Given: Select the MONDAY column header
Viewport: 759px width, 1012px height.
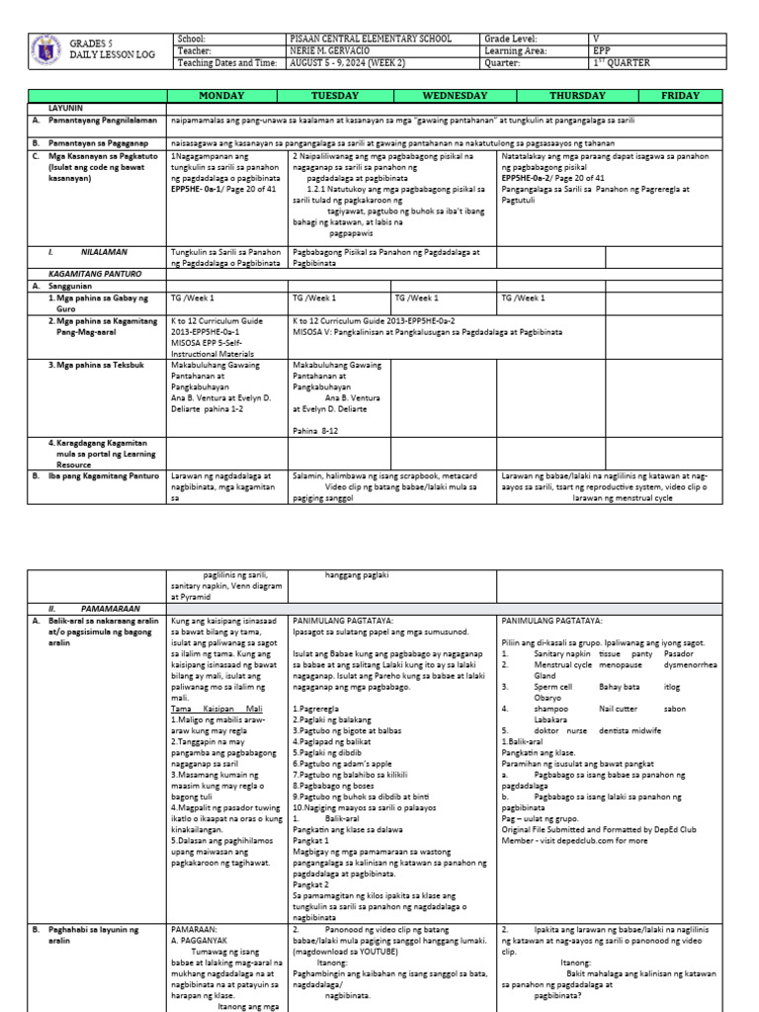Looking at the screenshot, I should click(228, 96).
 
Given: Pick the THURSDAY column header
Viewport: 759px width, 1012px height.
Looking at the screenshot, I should click(579, 96).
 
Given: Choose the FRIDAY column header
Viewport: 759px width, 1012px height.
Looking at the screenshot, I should click(681, 96).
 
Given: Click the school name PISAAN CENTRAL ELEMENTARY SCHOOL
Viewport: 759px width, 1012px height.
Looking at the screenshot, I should click(374, 39).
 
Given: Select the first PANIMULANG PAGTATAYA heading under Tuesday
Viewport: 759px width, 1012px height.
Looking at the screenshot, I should click(338, 619).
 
